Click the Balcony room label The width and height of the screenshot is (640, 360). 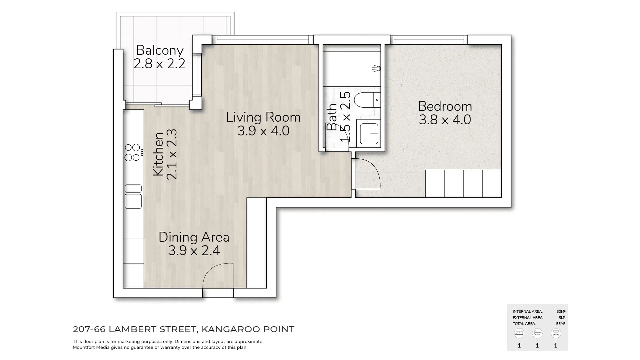(x=160, y=51)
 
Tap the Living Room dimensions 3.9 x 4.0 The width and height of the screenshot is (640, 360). (x=263, y=131)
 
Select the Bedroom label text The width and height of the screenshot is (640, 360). (x=445, y=107)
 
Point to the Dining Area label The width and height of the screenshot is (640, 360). (x=194, y=237)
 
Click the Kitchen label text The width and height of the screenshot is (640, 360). (x=158, y=154)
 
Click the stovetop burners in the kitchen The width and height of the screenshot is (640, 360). (x=132, y=152)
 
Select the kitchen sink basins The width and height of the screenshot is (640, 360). (x=133, y=197)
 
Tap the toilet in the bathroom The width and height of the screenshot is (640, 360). (x=367, y=100)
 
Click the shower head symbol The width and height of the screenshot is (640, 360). (x=377, y=69)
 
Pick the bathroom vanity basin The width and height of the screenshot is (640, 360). (x=369, y=134)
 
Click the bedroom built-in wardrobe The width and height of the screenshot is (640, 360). (x=463, y=184)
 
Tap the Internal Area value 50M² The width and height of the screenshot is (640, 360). (x=561, y=312)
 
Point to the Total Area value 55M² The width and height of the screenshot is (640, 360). (x=560, y=324)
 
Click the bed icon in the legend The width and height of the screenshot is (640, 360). (x=519, y=333)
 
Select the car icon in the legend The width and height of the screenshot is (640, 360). (x=556, y=333)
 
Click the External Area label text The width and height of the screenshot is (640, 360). (x=528, y=318)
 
